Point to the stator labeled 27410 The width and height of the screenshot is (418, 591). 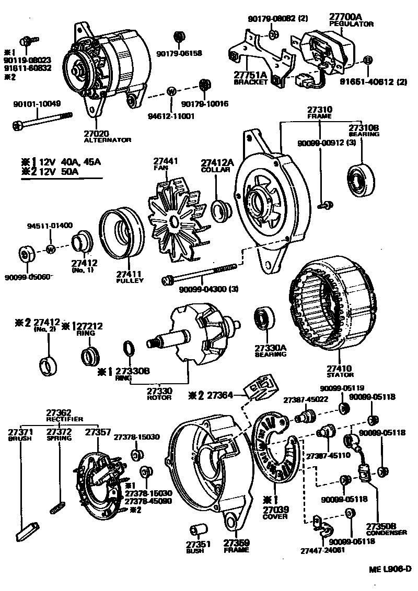[334, 308]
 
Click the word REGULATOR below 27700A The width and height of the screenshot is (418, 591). [351, 24]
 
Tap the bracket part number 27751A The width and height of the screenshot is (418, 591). [250, 75]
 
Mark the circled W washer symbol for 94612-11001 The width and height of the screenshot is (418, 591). [171, 91]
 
